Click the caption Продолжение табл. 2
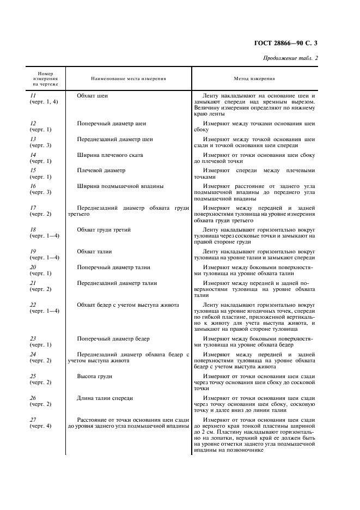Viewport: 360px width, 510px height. click(x=291, y=58)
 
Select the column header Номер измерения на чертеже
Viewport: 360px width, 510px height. click(x=45, y=78)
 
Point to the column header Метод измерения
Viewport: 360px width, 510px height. click(x=254, y=78)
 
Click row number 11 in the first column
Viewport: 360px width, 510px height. click(x=33, y=95)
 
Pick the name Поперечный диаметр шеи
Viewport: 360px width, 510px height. click(x=112, y=123)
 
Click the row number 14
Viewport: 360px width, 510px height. click(x=33, y=155)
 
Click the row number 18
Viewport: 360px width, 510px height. click(x=33, y=229)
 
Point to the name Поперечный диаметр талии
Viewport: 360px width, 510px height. click(x=114, y=267)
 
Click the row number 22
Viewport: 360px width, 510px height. click(x=33, y=305)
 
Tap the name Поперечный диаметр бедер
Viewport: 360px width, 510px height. click(x=113, y=338)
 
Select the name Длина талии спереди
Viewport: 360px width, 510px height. click(x=105, y=398)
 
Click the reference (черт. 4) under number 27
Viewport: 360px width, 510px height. click(x=41, y=426)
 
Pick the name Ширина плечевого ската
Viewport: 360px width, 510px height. click(x=110, y=155)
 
